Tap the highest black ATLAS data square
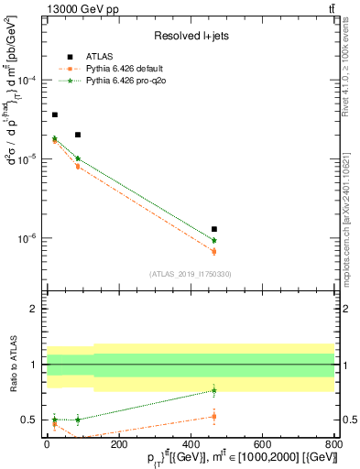tap(55, 115)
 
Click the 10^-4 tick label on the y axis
tap(28, 80)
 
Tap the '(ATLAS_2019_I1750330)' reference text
tap(190, 274)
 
